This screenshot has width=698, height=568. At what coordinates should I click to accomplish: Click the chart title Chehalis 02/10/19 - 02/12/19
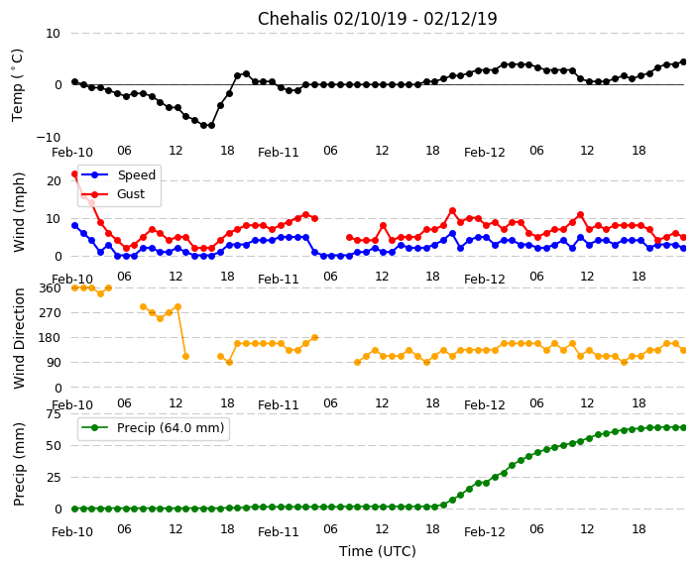click(377, 19)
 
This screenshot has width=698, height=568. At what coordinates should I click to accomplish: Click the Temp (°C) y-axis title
click(19, 84)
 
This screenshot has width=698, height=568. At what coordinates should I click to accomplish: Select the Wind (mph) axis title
click(19, 211)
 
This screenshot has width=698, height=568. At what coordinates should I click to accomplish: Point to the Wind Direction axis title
click(19, 337)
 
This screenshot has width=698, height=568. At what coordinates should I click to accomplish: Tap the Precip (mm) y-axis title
click(19, 463)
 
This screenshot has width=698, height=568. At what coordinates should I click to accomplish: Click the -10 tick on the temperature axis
click(49, 137)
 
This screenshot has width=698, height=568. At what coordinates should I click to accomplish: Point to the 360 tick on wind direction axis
click(49, 287)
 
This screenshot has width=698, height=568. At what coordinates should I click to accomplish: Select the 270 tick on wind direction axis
click(49, 312)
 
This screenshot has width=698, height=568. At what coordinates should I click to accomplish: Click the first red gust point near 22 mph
click(74, 174)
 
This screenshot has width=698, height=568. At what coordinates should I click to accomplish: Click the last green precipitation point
click(683, 427)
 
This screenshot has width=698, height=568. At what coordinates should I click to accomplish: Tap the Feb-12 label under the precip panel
click(485, 532)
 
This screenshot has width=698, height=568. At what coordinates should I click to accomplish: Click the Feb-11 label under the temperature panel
click(279, 153)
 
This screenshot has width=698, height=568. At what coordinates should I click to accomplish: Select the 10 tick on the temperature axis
click(52, 34)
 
